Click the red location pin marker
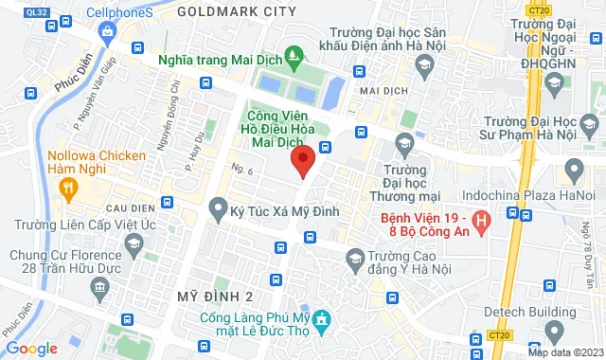pos(302,161)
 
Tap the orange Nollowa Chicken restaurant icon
pos(66,188)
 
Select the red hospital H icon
pos(482,225)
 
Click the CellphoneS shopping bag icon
pos(108,31)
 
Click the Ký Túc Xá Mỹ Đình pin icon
pos(217,206)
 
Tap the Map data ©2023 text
pos(565,352)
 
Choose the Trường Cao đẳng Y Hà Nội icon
pos(355,257)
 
